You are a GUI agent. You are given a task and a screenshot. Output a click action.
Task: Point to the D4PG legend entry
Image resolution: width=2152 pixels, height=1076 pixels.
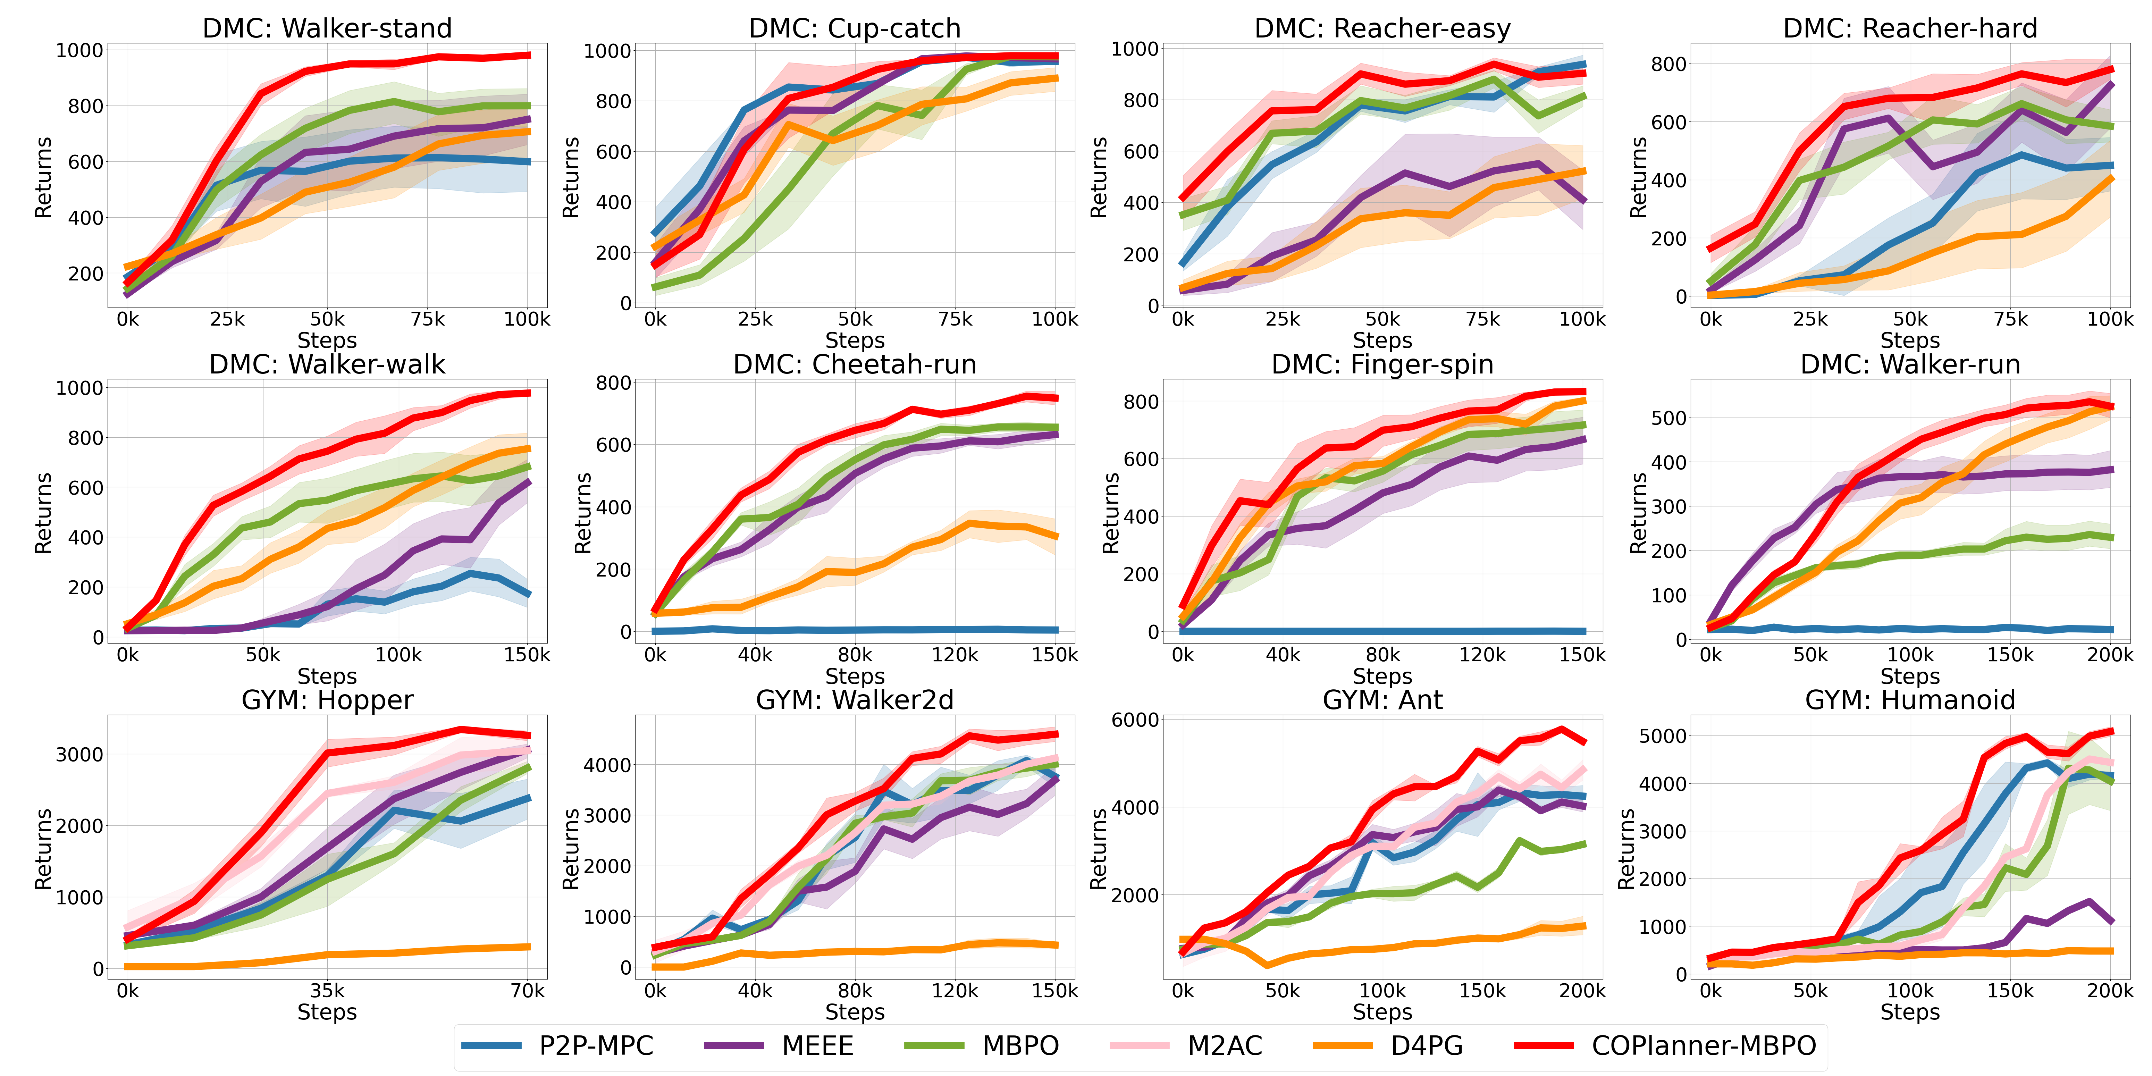1426,1046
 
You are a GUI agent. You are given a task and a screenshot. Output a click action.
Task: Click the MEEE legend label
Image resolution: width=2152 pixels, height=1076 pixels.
817,1046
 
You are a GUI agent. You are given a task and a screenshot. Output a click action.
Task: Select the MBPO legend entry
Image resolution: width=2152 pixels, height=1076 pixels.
1020,1046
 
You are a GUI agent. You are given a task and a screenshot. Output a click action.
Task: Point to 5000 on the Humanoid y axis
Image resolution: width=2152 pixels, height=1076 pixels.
1663,736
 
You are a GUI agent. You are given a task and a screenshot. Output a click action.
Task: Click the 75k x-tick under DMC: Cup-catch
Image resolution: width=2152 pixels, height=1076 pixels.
955,319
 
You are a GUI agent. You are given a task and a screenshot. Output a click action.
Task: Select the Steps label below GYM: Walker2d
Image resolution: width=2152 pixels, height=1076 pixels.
855,1012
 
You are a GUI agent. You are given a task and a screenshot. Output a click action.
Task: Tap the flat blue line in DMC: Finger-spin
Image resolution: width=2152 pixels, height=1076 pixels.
1382,632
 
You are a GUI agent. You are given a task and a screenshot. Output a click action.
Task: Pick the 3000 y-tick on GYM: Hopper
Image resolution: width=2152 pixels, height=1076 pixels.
79,754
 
